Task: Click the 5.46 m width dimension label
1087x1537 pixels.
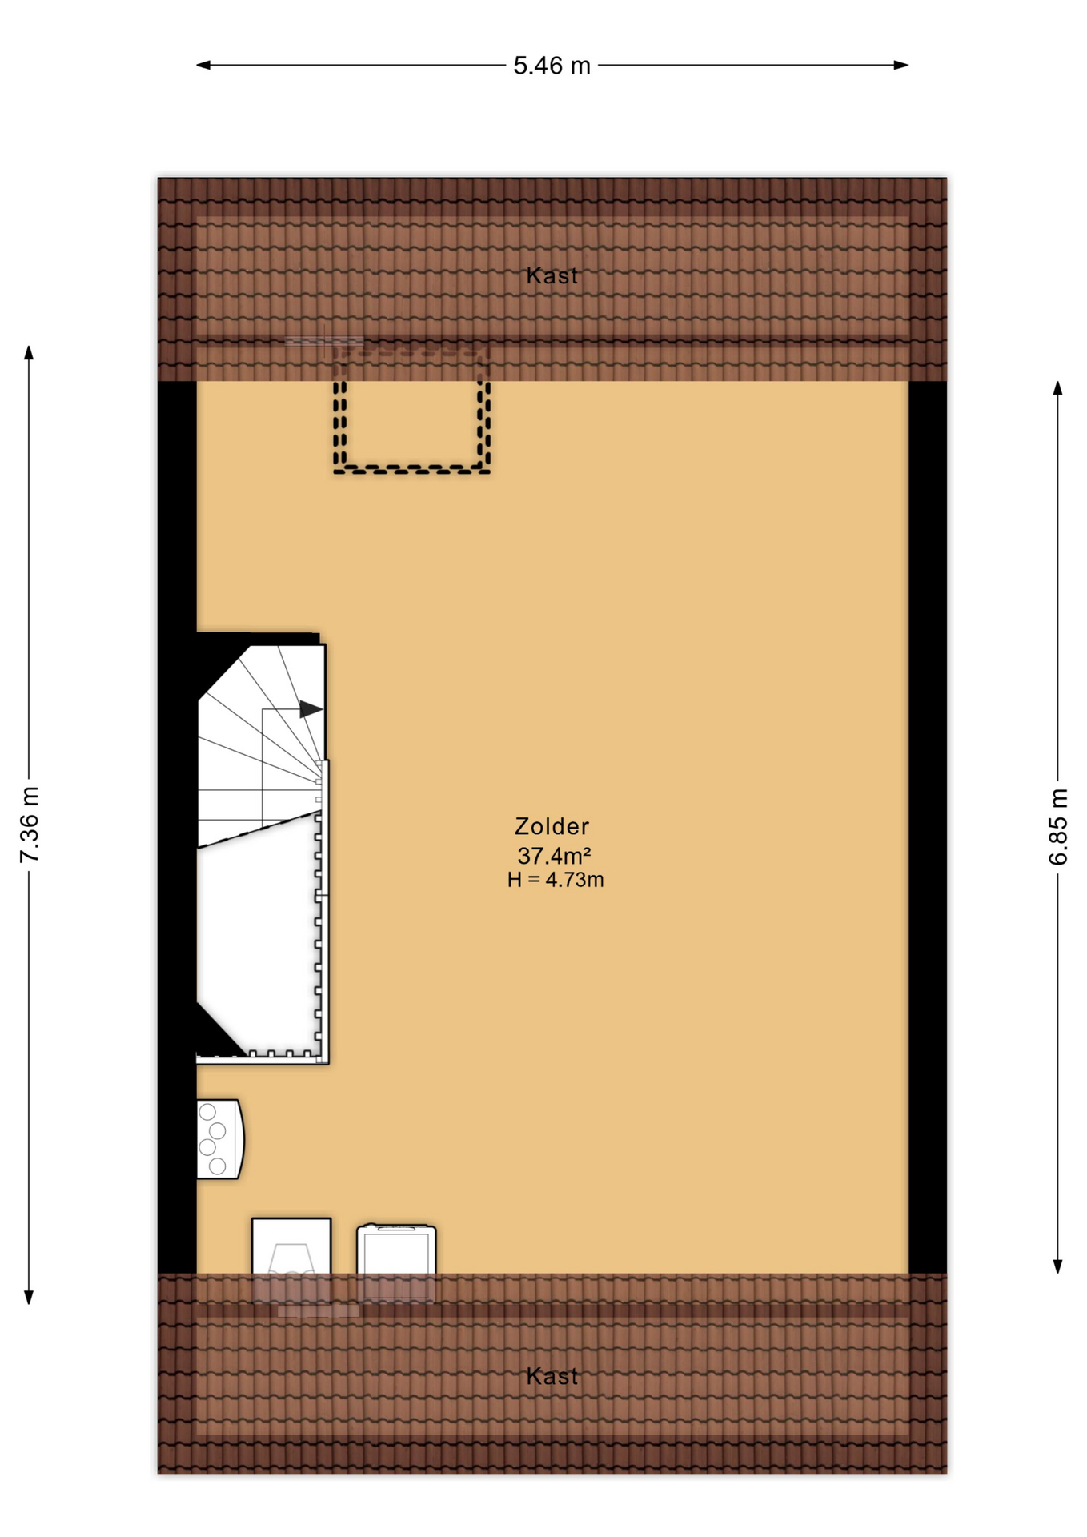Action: tap(552, 66)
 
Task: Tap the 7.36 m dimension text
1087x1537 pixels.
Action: tap(30, 824)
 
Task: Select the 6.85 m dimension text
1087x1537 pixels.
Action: tap(1057, 826)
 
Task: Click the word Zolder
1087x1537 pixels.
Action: tap(552, 826)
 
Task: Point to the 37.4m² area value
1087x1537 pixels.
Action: tap(554, 855)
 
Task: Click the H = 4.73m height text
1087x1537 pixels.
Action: tap(555, 880)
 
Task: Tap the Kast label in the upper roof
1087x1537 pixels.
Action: tap(552, 276)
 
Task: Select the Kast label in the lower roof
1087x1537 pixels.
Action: tap(552, 1376)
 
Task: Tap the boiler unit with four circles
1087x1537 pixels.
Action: tap(219, 1139)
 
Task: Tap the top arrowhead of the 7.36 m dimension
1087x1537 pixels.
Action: tap(29, 353)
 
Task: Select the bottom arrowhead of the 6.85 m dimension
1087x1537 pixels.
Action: tap(1057, 1266)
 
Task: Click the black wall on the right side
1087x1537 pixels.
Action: tap(927, 825)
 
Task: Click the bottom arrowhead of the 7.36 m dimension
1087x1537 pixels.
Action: tap(29, 1298)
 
